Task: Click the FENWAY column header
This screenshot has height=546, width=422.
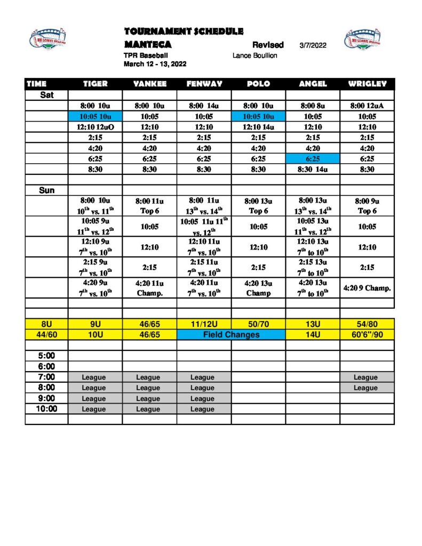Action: [x=204, y=84]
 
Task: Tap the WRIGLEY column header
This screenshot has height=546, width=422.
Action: [x=367, y=84]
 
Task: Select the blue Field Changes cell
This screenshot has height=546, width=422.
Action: [x=231, y=335]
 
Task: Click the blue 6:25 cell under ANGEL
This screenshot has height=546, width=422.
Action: [x=313, y=159]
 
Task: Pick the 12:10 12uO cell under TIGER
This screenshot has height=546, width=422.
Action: [x=95, y=127]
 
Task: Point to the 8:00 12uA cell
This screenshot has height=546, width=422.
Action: [x=367, y=106]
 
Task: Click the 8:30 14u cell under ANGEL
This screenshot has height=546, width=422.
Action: [x=313, y=170]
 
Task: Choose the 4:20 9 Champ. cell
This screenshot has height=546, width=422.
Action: [x=367, y=288]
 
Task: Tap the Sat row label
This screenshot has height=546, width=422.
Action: [x=46, y=95]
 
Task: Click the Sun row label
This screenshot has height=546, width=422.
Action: [x=46, y=190]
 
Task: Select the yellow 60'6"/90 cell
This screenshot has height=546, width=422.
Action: [x=367, y=335]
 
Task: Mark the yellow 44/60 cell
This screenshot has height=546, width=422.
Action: [x=46, y=335]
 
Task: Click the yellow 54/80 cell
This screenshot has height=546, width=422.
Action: [x=367, y=324]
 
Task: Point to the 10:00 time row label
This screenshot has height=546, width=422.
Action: [x=46, y=409]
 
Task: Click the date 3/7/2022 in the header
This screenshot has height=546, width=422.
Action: [x=313, y=45]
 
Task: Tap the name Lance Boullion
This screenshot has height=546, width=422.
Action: [x=255, y=55]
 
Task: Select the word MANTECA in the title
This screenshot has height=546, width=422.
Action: [x=148, y=44]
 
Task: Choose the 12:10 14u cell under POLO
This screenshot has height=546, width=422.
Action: [x=258, y=127]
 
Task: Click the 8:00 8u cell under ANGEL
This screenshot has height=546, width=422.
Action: [x=313, y=106]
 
